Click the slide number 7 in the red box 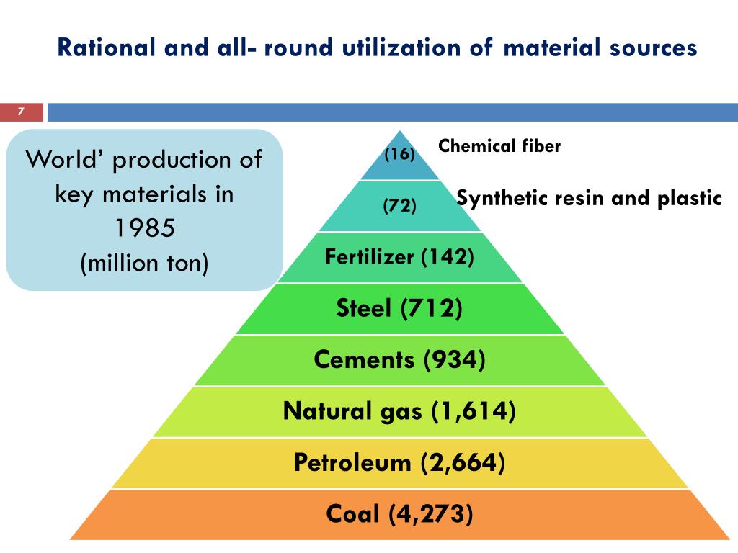[21, 112]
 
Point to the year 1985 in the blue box [144, 228]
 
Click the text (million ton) [144, 263]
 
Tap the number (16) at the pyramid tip [399, 153]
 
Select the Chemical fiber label [499, 146]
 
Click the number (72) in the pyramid [399, 206]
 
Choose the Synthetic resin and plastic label [590, 198]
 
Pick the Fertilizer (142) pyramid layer [399, 257]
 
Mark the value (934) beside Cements [454, 359]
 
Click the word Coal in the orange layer [352, 514]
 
